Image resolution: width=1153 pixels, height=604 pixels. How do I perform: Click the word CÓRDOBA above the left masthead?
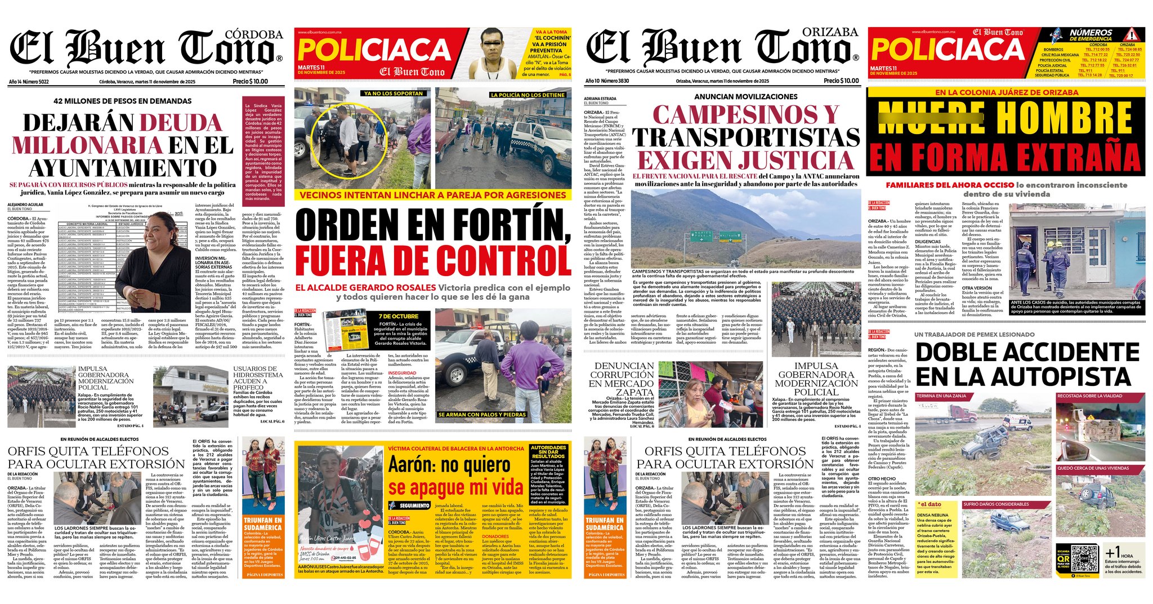(254, 34)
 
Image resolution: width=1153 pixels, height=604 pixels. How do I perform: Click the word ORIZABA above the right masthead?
(830, 32)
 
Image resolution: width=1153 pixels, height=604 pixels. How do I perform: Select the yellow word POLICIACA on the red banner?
(374, 50)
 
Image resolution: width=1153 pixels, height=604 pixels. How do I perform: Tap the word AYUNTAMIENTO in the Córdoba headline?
(123, 168)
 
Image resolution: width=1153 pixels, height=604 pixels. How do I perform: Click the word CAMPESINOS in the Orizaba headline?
(737, 115)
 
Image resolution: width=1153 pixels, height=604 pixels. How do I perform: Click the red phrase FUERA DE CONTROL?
(434, 261)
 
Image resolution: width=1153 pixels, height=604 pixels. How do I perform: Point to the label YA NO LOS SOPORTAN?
(393, 94)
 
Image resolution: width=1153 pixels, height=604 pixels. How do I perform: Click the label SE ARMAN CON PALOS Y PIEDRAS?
(482, 415)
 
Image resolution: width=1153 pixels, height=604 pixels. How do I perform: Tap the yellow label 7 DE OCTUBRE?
(398, 316)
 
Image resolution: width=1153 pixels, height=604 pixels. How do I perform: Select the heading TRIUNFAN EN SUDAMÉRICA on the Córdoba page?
(262, 524)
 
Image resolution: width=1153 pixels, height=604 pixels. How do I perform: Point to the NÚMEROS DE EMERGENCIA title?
(1091, 35)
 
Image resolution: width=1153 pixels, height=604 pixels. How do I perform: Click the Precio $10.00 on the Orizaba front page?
(841, 81)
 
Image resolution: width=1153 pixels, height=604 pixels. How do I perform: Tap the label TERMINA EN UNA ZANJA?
(941, 396)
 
